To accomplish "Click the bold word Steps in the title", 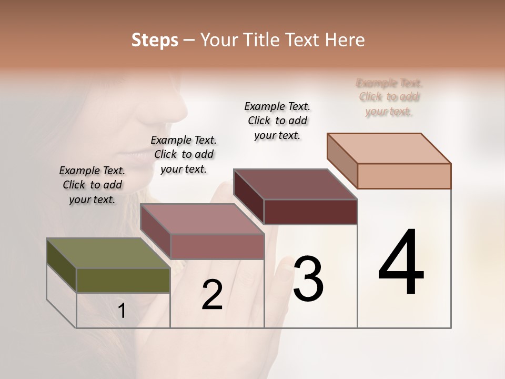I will [x=155, y=40].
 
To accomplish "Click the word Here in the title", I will [x=345, y=40].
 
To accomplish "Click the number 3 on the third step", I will [x=308, y=279].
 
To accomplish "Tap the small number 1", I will [x=122, y=311].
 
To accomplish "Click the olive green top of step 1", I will [x=108, y=253].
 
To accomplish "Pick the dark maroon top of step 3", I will [x=295, y=184].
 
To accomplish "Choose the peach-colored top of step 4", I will [x=389, y=148].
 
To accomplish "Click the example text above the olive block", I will [x=92, y=185].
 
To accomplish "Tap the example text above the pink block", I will [x=184, y=154].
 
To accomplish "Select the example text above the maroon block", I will [x=277, y=121].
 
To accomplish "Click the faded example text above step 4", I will [x=389, y=97].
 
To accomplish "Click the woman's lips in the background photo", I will [x=138, y=155].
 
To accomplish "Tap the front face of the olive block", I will [x=123, y=280].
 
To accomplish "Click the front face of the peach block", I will [x=404, y=176].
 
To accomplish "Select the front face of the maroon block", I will [x=310, y=212].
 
